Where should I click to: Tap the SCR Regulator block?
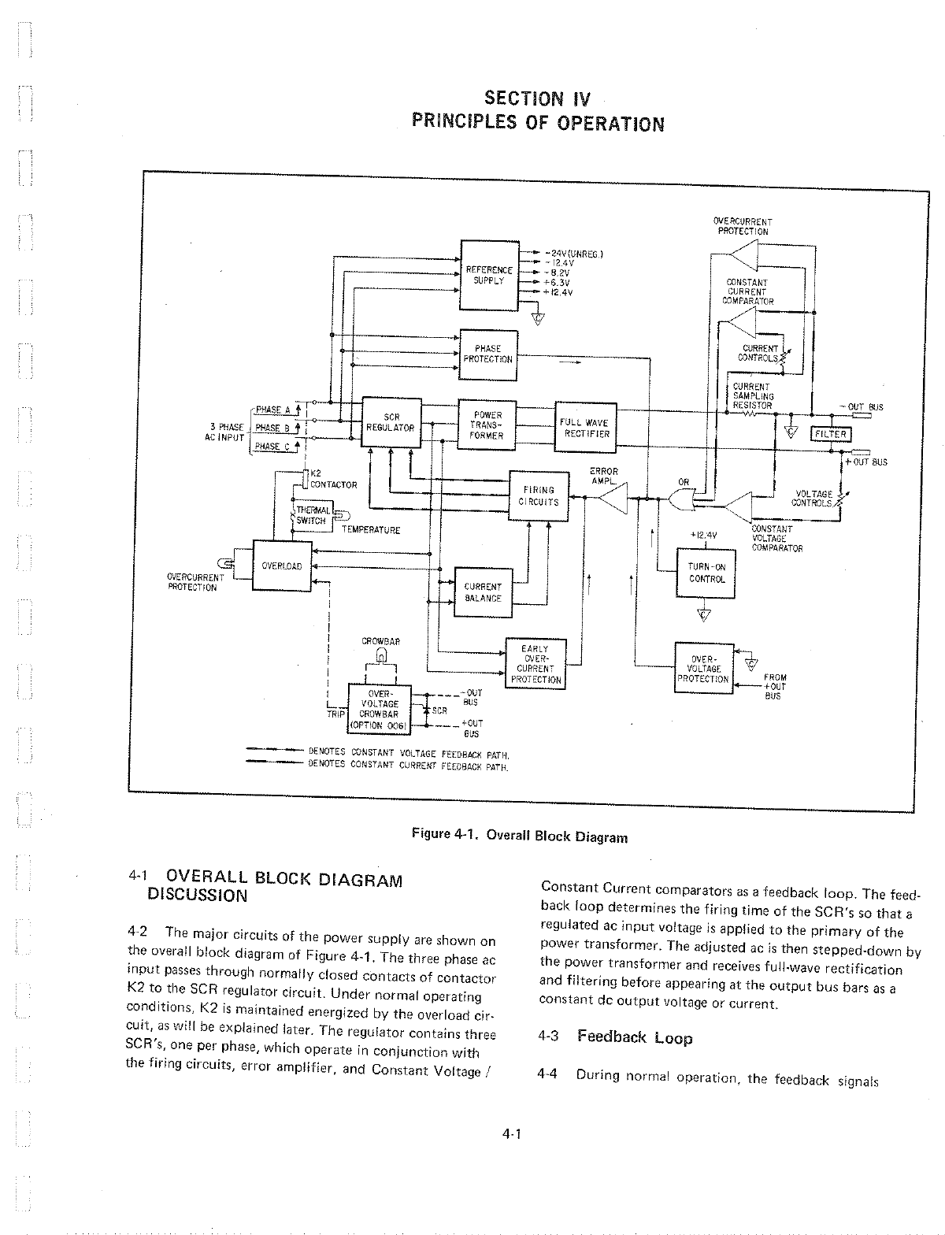(x=391, y=422)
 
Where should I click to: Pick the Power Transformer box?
(x=487, y=425)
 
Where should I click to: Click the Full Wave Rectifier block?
(x=584, y=428)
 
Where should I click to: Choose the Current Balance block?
(x=483, y=592)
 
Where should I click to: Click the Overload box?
(x=281, y=565)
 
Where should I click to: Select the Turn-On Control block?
(x=706, y=573)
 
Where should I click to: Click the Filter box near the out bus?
(x=829, y=434)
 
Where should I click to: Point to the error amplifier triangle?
(x=612, y=497)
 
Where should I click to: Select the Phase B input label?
(x=272, y=428)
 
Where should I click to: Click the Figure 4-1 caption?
(x=520, y=836)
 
